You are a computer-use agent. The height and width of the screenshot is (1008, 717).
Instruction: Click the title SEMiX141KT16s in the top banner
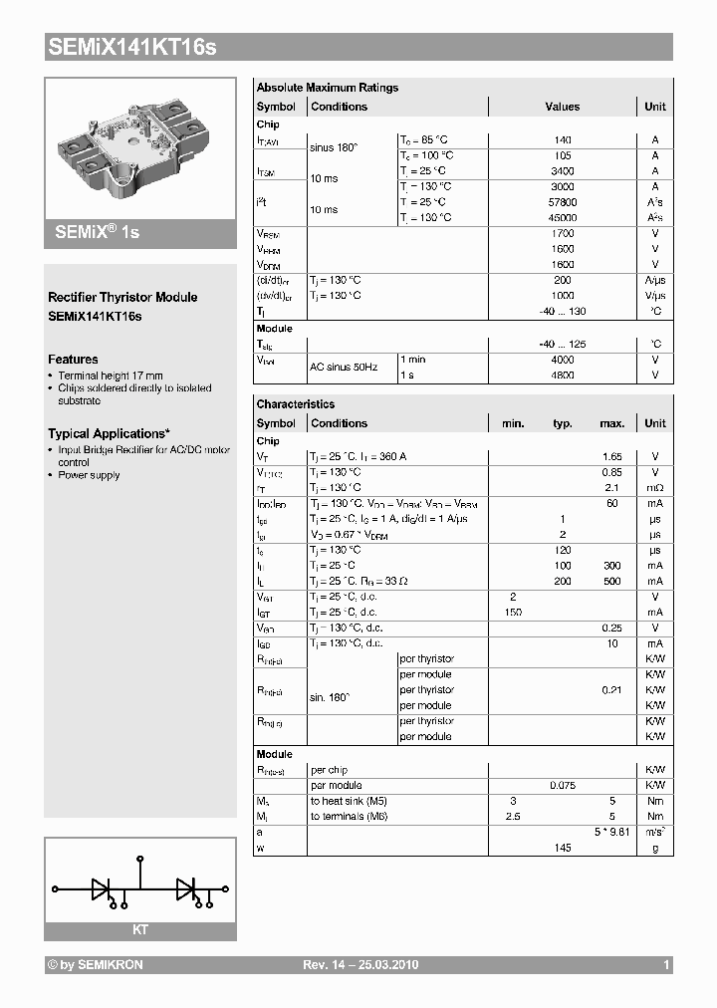click(131, 47)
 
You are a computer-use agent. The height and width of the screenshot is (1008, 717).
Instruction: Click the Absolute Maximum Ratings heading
click(327, 88)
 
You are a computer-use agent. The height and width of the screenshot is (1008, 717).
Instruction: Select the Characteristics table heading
click(296, 404)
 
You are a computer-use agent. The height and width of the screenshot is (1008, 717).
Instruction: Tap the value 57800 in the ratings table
click(562, 202)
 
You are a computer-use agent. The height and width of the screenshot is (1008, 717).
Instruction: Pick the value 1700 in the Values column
click(562, 233)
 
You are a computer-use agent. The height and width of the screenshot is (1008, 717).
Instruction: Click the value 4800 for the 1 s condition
click(562, 376)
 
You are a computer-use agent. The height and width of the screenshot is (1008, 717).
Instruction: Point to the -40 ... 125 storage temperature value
click(562, 344)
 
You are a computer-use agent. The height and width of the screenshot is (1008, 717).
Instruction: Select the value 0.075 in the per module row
click(562, 786)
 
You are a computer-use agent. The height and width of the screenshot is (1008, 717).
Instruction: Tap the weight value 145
click(563, 848)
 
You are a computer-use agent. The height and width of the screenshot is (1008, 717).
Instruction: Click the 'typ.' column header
click(563, 423)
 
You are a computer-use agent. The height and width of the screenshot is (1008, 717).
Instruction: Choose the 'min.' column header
click(513, 423)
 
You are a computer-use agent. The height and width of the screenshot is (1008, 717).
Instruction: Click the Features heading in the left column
click(73, 360)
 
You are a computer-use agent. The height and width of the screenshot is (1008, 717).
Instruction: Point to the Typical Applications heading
click(109, 434)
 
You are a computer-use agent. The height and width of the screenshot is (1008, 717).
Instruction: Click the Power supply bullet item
click(89, 475)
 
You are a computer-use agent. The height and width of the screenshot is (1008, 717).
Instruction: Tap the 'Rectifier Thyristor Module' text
click(122, 297)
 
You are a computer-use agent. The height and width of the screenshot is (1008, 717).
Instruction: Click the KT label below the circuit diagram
click(140, 928)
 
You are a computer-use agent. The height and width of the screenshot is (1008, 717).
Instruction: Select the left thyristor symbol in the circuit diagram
click(102, 886)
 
